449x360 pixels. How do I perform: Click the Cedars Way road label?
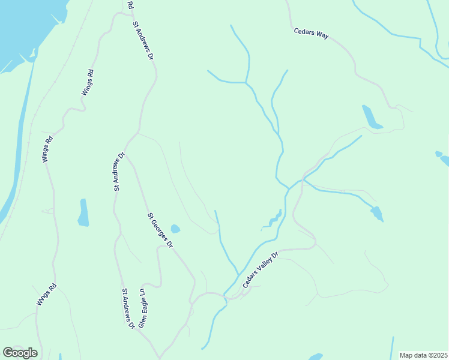coord(311,34)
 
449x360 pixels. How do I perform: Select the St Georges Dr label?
coord(160,230)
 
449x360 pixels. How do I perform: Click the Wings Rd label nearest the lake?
coord(88,83)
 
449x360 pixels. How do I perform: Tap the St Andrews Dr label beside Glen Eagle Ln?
coord(127,308)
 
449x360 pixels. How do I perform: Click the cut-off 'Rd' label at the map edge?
coord(130,4)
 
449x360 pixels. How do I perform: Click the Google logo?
coord(20,353)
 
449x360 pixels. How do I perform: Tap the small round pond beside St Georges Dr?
coord(175,229)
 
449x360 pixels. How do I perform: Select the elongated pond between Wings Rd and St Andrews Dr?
coord(83,212)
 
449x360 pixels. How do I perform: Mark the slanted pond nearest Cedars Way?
coord(372,117)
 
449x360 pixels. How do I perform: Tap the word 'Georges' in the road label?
coord(161,233)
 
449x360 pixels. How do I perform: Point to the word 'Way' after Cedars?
coord(322,37)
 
